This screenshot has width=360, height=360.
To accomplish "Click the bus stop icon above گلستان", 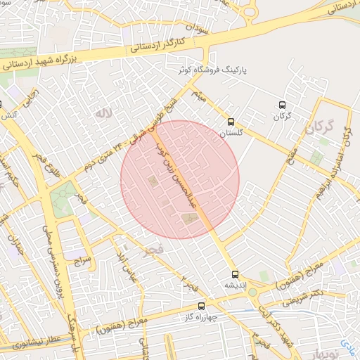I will click(x=232, y=120).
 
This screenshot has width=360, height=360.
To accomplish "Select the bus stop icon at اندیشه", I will click(x=234, y=274).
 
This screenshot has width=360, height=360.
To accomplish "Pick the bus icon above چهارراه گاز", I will click(x=202, y=306).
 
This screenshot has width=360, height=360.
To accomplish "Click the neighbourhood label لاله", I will click(x=104, y=112).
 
